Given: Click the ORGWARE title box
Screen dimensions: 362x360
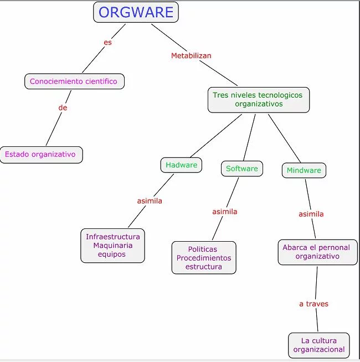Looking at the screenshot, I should pos(136,12).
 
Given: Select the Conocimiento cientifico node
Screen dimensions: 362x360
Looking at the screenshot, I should pos(74,81).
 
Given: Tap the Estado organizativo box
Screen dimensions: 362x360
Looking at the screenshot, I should pos(40,155).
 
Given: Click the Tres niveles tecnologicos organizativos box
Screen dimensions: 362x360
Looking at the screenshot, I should pos(258,100).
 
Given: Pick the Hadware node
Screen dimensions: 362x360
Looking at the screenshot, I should pos(181,165).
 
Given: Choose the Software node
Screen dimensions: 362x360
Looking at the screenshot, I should pos(242,169).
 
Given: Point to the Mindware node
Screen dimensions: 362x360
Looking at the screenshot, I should pos(304,171).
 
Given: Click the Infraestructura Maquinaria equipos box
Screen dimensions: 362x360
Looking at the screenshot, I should pos(112,246).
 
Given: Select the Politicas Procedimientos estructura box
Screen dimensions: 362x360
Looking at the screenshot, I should pos(204,258).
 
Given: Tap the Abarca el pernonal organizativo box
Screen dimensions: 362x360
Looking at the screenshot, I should pos(317,252).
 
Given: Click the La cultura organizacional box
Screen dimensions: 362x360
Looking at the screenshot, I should pos(319,345).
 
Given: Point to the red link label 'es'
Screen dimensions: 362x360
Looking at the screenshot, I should pos(107,42).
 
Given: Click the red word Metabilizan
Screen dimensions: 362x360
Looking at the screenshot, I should pos(191,56).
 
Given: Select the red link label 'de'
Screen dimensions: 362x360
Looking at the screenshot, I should pos(63,108).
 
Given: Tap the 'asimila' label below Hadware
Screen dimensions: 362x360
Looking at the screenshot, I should pos(150,201).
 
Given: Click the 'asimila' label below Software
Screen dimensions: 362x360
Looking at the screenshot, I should pos(225,212).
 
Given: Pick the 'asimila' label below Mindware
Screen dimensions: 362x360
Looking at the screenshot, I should pos(311,214).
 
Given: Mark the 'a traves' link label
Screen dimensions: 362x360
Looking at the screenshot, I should pos(313,304).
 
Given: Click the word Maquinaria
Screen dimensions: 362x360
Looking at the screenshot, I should pos(112,246).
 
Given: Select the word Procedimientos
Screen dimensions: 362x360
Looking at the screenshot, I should pos(204,258).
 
